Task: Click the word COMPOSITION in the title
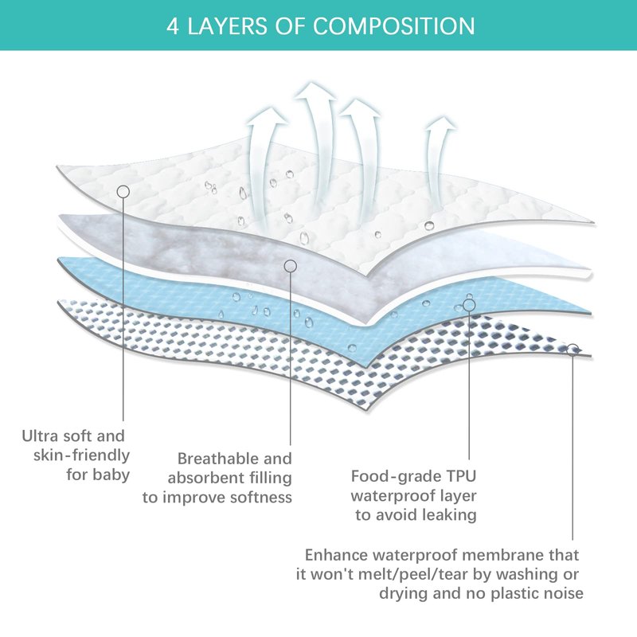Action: [x=394, y=25]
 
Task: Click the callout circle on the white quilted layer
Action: [x=123, y=191]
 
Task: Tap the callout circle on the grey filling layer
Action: [x=291, y=264]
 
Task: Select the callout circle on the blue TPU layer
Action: [x=469, y=304]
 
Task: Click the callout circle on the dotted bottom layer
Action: [x=573, y=350]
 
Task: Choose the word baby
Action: [x=111, y=475]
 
